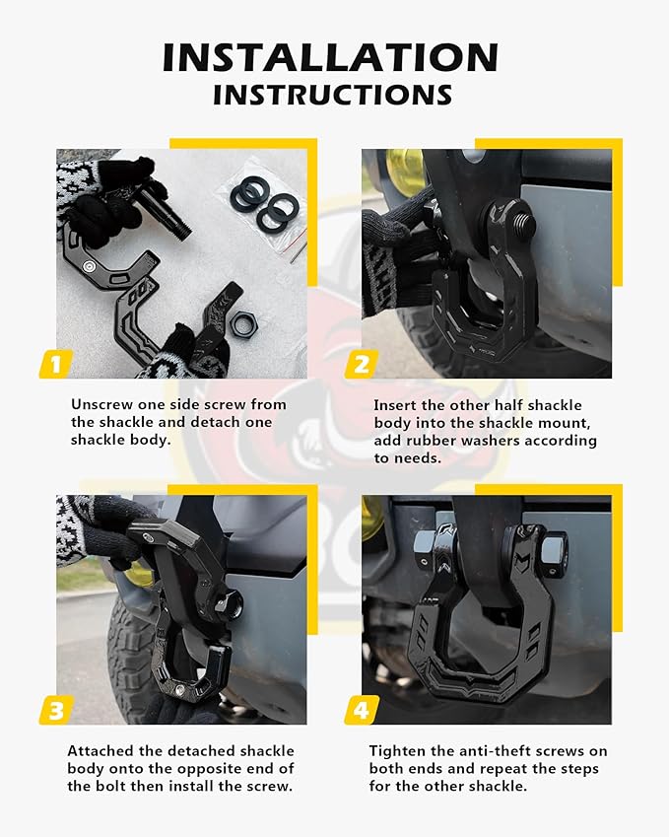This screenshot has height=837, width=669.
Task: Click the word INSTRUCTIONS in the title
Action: click(333, 95)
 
